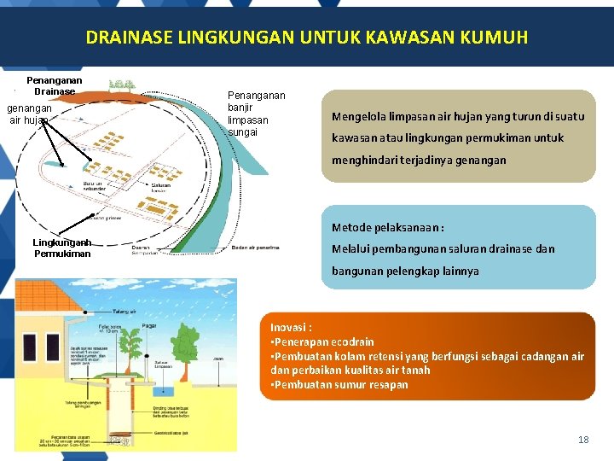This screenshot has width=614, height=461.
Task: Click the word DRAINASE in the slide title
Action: (x=126, y=38)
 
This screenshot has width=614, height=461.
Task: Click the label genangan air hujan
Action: (x=29, y=114)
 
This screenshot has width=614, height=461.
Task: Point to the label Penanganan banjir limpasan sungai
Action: (x=256, y=114)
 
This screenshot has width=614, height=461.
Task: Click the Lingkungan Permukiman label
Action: (x=61, y=248)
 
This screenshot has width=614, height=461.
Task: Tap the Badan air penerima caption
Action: (x=255, y=248)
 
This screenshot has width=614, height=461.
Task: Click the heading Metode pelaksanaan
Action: (x=388, y=228)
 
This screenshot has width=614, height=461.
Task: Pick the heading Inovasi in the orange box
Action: (x=291, y=327)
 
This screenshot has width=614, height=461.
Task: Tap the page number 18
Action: (x=583, y=440)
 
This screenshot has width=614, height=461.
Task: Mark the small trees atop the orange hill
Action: (x=122, y=85)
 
